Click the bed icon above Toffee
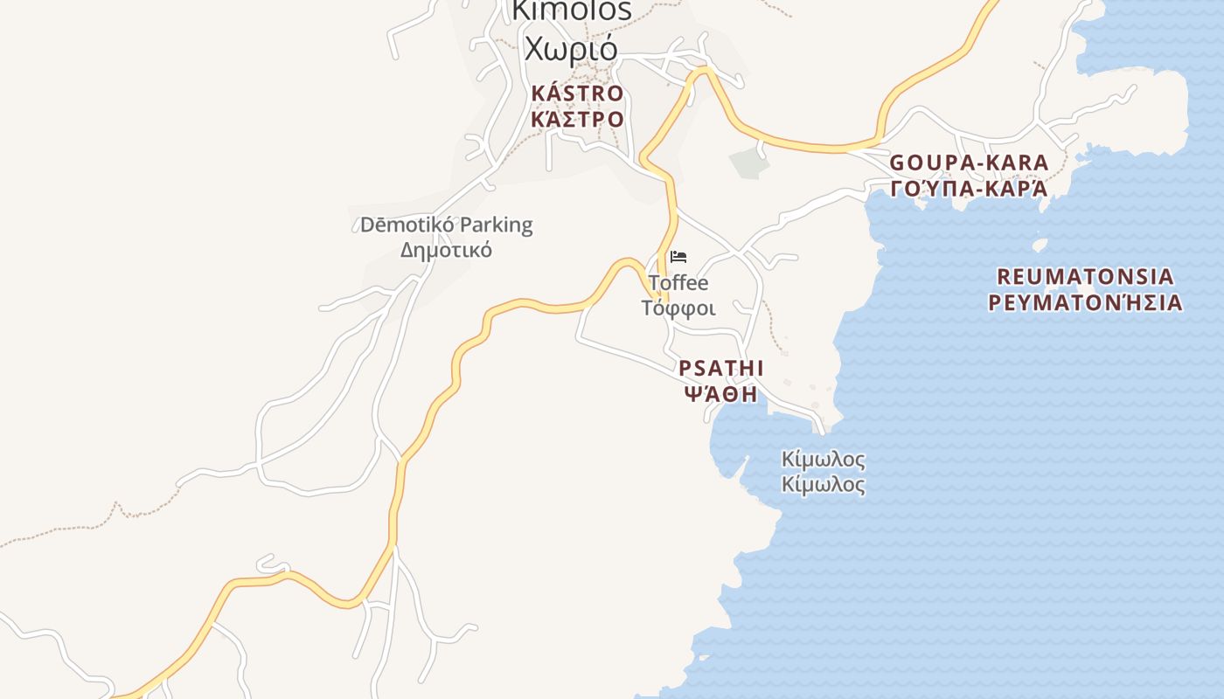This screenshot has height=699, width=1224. [x=678, y=257]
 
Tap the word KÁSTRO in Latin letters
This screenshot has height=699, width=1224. [x=577, y=93]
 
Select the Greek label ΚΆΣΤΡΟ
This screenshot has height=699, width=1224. [x=577, y=119]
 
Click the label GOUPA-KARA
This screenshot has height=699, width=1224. [x=969, y=163]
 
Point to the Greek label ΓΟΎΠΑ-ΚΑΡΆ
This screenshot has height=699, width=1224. [x=969, y=189]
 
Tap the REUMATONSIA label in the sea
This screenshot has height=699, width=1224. [x=1085, y=277]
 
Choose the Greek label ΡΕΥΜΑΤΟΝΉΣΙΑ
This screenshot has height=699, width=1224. [x=1085, y=303]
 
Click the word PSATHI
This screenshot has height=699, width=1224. [x=721, y=368]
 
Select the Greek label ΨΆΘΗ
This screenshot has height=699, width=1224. [x=720, y=393]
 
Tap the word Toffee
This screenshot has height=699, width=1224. [x=678, y=283]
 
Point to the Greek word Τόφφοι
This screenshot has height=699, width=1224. [x=678, y=308]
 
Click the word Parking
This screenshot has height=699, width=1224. [x=496, y=225]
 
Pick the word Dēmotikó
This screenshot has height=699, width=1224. [x=407, y=225]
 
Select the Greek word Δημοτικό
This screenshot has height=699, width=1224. [x=446, y=250]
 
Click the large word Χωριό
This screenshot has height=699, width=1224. [x=571, y=47]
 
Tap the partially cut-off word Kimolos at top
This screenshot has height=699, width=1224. [x=571, y=10]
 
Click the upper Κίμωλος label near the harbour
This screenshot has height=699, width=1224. [x=824, y=460]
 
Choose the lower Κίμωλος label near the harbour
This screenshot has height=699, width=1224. [x=824, y=485]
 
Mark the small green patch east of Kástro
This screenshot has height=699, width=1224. [x=747, y=163]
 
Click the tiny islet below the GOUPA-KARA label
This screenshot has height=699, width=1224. [x=1040, y=246]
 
